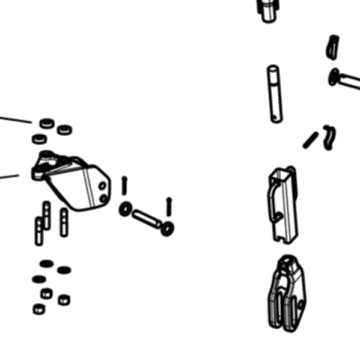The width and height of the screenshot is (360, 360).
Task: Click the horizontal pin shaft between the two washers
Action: [x=146, y=219]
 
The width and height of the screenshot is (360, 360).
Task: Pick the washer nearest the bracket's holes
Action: [x=125, y=209]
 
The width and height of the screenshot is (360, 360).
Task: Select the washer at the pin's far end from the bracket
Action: [x=167, y=229]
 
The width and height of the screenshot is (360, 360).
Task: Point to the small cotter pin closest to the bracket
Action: [x=124, y=185]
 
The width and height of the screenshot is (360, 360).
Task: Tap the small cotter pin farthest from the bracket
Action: [x=168, y=206]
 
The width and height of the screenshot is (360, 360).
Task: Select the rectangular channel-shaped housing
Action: [x=282, y=205]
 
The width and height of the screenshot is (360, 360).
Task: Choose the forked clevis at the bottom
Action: [x=285, y=292]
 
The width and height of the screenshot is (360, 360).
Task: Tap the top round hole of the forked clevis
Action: [x=286, y=264]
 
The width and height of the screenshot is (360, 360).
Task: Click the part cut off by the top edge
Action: [x=267, y=8]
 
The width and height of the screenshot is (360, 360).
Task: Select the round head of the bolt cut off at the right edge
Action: [x=336, y=76]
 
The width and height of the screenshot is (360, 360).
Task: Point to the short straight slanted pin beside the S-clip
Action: [x=310, y=139]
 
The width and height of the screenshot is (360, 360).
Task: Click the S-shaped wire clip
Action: [x=330, y=135]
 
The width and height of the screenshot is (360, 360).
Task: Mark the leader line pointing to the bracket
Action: [x=16, y=175]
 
